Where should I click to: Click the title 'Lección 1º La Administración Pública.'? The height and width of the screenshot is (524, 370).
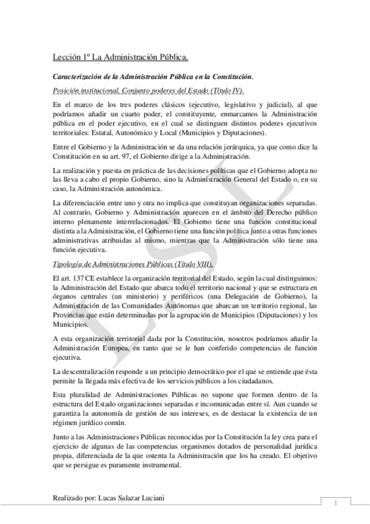tap(120, 58)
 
